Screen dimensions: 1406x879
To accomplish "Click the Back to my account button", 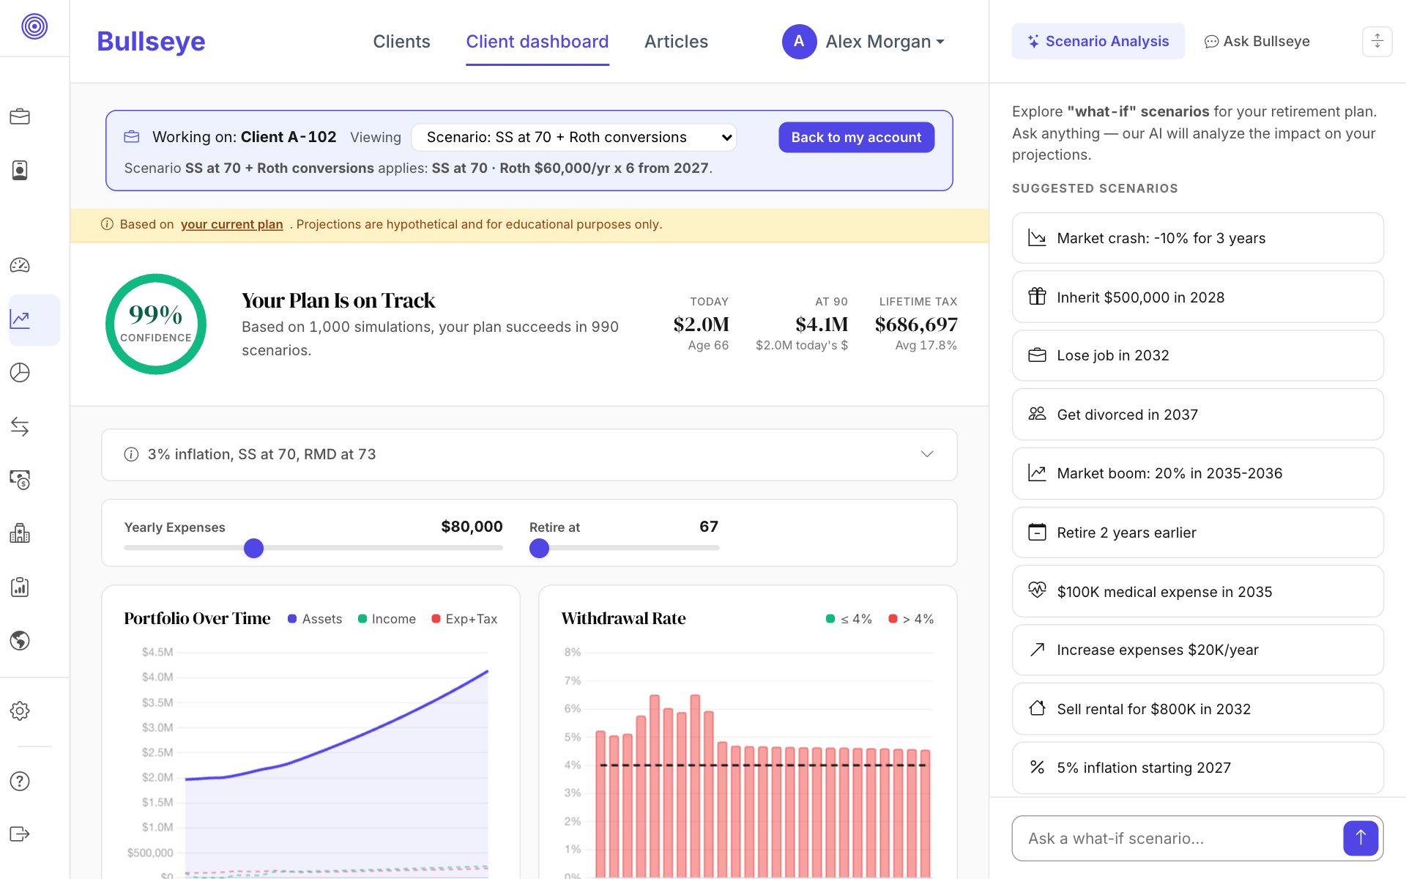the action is [856, 137].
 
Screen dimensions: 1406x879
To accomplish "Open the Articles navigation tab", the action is [676, 42].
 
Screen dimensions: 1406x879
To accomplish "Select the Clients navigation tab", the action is [401, 42].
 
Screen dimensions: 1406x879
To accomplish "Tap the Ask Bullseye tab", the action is [1257, 41].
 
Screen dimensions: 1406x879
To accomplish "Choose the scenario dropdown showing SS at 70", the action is [573, 137].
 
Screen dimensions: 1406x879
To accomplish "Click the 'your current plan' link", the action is [231, 224].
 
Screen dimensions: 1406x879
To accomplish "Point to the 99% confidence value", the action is [155, 314].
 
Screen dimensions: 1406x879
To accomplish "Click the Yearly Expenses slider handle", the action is [253, 548].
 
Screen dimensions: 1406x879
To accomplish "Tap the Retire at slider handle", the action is [539, 548].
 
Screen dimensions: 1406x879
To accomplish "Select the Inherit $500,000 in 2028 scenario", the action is [1197, 297].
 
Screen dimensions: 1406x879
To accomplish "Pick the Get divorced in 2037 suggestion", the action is [1197, 415].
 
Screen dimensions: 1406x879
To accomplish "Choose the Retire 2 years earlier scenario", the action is [1197, 533].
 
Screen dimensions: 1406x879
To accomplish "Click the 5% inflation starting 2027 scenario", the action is [1197, 768].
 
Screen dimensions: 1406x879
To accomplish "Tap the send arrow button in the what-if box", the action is [1361, 838].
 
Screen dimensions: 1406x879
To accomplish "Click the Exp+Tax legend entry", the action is [464, 619].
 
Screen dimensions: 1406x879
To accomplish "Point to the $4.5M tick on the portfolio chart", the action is [157, 652].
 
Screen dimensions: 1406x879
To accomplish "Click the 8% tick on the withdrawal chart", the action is [573, 652].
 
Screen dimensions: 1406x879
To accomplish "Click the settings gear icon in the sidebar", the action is [20, 711].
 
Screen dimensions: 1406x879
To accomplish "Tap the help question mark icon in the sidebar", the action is [20, 781].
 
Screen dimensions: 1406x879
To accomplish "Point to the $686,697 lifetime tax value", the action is [916, 324].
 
